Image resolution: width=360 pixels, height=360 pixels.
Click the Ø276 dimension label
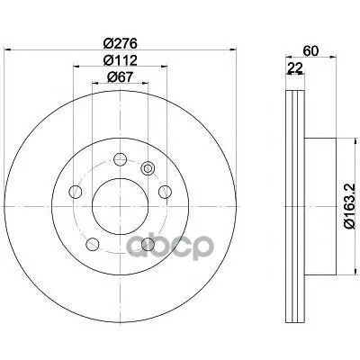tap(120, 44)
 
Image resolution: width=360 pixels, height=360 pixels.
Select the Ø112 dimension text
tap(120, 60)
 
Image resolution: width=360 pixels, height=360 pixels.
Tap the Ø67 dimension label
tap(120, 77)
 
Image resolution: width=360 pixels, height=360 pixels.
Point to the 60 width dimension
tap(310, 51)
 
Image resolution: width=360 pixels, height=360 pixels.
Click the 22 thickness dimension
tap(294, 68)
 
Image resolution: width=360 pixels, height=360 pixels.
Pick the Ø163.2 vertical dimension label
tap(350, 206)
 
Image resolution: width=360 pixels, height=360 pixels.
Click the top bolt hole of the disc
tap(120, 159)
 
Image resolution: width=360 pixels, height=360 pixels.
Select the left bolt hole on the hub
tap(76, 192)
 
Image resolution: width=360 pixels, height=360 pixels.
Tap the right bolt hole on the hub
tap(165, 192)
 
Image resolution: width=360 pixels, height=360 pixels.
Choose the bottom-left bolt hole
tap(93, 244)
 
